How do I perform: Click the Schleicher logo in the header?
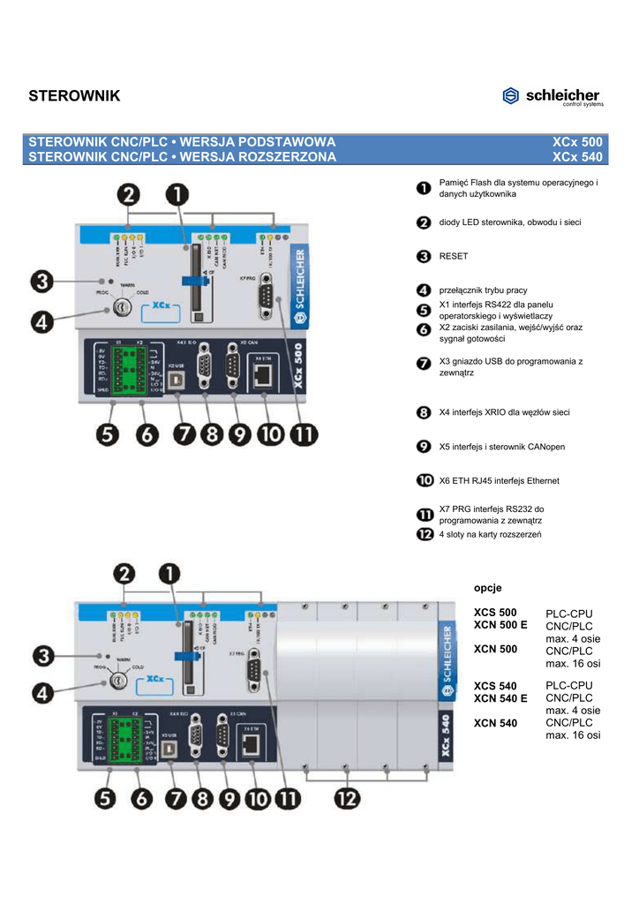click(552, 96)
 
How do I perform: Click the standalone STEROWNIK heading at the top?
click(74, 95)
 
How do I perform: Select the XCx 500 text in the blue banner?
click(577, 142)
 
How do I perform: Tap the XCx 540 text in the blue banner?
click(577, 158)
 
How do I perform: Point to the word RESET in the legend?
click(454, 256)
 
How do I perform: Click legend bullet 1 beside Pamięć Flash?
click(424, 186)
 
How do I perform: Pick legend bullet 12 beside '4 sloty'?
click(424, 534)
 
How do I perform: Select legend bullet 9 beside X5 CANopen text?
click(424, 447)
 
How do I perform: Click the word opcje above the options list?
click(487, 587)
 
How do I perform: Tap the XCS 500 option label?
click(495, 612)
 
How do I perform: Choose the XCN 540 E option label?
click(500, 698)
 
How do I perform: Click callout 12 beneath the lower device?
click(347, 800)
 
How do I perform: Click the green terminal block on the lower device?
click(124, 736)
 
